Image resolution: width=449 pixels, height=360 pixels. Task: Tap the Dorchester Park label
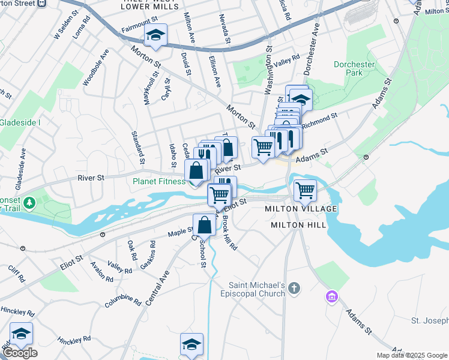click(x=355, y=68)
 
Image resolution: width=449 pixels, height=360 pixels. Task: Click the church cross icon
click(x=294, y=289)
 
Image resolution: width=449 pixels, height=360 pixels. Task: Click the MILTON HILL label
click(x=298, y=225)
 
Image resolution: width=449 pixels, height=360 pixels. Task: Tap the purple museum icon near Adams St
click(x=331, y=296)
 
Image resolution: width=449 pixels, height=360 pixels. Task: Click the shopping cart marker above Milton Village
click(x=306, y=191)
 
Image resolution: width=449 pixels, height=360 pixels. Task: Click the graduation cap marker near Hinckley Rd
click(x=21, y=333)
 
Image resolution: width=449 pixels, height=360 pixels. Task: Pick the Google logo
click(x=20, y=353)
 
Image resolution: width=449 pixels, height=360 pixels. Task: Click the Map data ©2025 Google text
click(x=411, y=355)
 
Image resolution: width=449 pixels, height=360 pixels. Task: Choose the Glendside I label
click(x=20, y=122)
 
